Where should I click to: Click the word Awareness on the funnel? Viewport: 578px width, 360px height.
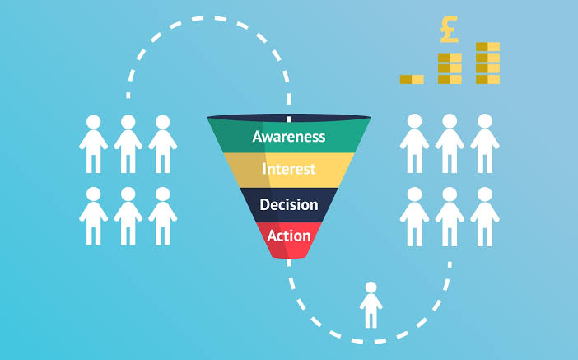click(289, 136)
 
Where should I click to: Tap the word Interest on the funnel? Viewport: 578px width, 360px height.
click(289, 170)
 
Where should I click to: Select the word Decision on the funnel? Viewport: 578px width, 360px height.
click(289, 203)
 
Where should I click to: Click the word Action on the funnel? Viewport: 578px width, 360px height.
click(289, 236)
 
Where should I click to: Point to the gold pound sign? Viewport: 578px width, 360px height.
click(450, 29)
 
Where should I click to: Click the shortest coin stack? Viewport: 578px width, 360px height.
click(412, 79)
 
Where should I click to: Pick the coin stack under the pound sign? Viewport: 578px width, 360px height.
click(450, 68)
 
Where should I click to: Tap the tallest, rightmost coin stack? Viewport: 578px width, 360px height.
click(487, 63)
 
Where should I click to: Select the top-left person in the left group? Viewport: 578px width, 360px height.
click(93, 144)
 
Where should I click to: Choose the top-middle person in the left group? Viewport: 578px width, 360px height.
click(128, 144)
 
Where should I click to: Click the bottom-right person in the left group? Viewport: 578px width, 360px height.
click(162, 217)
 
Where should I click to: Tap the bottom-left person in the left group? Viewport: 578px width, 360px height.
click(93, 217)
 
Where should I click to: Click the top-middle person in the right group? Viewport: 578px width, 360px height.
click(449, 144)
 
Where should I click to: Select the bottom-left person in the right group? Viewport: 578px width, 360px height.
click(414, 217)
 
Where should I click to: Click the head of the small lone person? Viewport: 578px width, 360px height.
click(371, 288)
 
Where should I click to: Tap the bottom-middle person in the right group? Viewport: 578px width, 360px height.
click(449, 217)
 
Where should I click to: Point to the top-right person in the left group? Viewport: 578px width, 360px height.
click(162, 144)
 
